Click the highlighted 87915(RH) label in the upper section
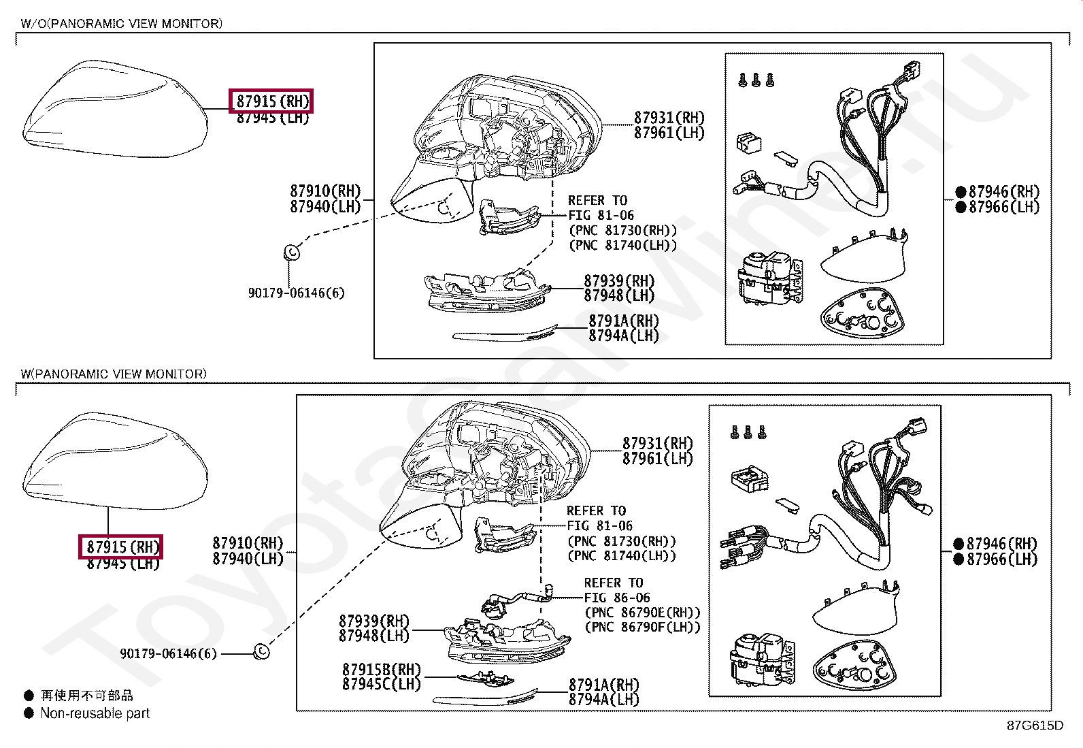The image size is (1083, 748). coord(271,101)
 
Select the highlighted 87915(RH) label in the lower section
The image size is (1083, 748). coord(121,547)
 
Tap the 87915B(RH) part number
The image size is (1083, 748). coord(381,670)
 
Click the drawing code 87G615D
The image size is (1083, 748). coord(1034,726)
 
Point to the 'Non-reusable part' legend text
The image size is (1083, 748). coord(95,713)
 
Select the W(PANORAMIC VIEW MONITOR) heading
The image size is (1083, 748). coord(113,374)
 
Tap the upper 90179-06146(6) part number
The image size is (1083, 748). coord(296,293)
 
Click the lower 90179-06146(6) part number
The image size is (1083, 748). coord(168,653)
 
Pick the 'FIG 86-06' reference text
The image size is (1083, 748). coord(617,598)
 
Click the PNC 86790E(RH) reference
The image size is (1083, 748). coord(642,613)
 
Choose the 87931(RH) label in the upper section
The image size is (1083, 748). coord(669,118)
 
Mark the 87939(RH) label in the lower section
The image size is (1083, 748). coord(373,621)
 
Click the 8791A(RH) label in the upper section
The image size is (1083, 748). coord(623,321)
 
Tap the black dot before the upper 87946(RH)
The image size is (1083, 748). coord(961,192)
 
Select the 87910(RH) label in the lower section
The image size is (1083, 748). coord(247,543)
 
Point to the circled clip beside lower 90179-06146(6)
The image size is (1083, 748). coord(261,652)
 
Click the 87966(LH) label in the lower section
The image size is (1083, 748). coord(1001,559)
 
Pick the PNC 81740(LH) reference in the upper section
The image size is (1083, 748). coord(622,246)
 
